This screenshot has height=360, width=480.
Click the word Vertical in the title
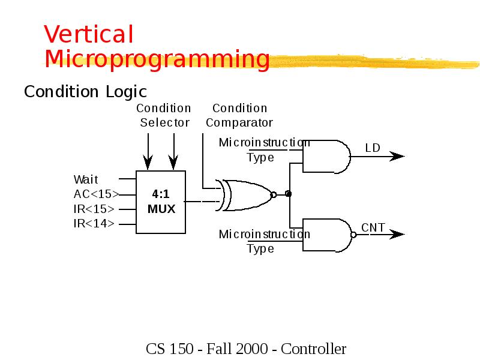[x=88, y=35]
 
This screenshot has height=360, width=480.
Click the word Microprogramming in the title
[x=157, y=59]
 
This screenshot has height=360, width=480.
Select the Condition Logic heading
[x=85, y=92]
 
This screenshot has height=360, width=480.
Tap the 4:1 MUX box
[x=161, y=202]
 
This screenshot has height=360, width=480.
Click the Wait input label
[x=85, y=179]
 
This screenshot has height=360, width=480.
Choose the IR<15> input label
[x=94, y=209]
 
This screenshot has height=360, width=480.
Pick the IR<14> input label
[x=94, y=224]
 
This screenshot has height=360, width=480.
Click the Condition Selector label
[x=164, y=115]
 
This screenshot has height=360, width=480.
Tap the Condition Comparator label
[x=239, y=115]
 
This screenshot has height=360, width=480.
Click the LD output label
[x=373, y=148]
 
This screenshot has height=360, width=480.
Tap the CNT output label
[x=373, y=227]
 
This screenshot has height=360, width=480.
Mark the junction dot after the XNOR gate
[x=289, y=194]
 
